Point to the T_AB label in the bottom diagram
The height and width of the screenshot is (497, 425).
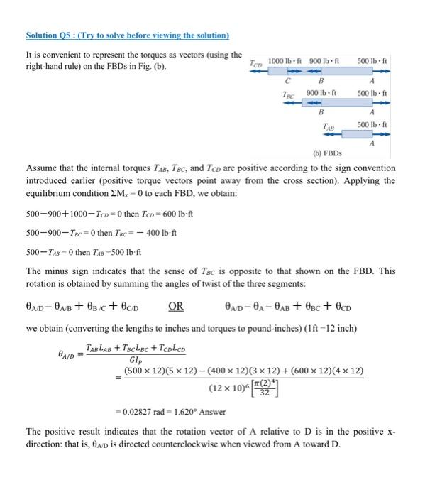[x=329, y=126]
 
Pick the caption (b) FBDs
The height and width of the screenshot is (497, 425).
[x=327, y=153]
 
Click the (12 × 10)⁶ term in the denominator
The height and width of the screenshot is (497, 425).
[x=227, y=388]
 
